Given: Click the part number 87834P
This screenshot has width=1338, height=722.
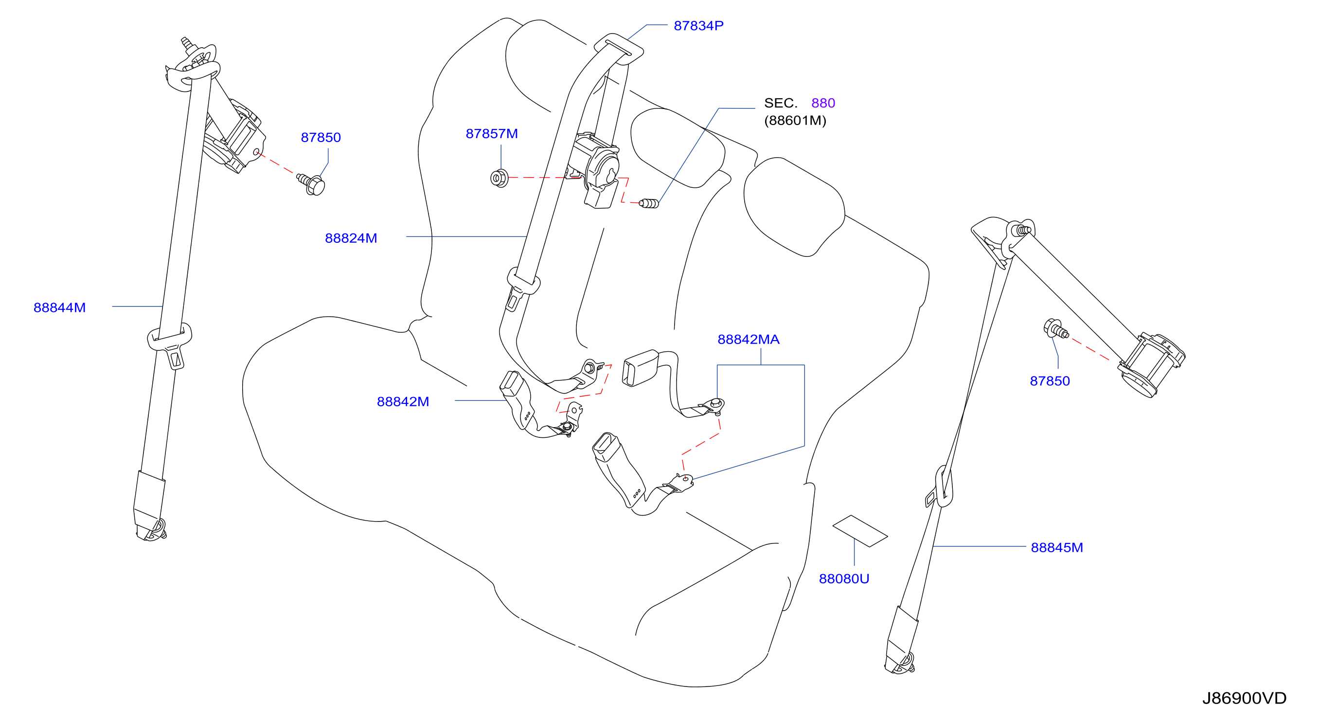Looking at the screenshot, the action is [698, 25].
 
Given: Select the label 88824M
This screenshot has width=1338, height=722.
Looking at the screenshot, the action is [351, 238].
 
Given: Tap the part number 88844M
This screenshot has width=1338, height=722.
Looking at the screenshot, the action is [60, 307].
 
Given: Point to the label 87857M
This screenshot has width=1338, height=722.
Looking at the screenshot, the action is [492, 133].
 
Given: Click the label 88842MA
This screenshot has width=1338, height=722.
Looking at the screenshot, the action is [749, 339].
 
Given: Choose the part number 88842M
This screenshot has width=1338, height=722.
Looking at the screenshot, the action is [403, 401].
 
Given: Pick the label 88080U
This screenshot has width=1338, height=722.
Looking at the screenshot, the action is [844, 578].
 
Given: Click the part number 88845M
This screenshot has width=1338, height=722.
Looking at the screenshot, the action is [1057, 547].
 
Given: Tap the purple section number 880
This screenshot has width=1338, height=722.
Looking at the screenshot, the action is [823, 103].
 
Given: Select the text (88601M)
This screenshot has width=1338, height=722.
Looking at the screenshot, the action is [795, 121].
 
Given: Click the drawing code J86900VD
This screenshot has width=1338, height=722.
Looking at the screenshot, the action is [1245, 698].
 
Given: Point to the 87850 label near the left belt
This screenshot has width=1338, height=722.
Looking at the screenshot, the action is [321, 138].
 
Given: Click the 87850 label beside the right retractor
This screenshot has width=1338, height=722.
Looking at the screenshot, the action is [1050, 381].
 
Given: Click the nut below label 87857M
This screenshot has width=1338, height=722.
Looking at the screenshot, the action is [499, 178].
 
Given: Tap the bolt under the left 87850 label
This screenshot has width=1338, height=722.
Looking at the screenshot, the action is [312, 184].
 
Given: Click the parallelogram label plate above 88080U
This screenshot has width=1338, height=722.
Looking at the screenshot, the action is [860, 531].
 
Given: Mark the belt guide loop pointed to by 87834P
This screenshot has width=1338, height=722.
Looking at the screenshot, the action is [619, 49].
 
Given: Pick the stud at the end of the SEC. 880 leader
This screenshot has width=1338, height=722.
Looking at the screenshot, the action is [649, 203].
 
